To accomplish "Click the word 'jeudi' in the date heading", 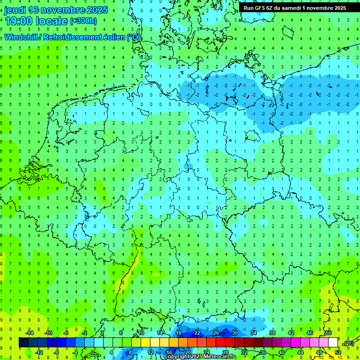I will tap(15, 10).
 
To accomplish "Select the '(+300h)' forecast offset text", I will tap(83, 21).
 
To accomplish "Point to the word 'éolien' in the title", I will tap(112, 37).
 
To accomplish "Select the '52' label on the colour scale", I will tap(338, 352).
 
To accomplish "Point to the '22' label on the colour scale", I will tap(197, 333).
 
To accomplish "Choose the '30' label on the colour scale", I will tap(235, 333).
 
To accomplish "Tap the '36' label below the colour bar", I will tap(263, 352).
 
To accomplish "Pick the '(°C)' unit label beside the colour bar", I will tap(349, 343).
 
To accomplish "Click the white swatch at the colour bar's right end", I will tap(333, 342).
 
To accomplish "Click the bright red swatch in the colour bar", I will tap(220, 342).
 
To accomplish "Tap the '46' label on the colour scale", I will tap(310, 333).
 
